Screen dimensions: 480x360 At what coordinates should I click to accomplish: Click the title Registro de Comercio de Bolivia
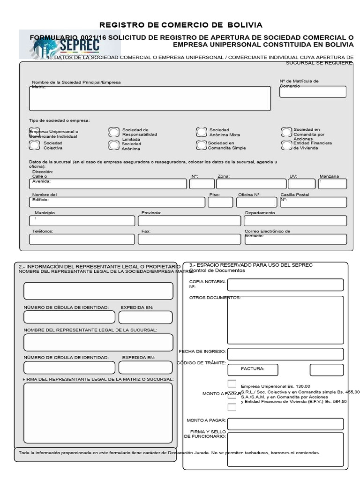point(181,25)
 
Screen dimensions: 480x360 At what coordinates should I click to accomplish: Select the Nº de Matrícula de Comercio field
point(313,92)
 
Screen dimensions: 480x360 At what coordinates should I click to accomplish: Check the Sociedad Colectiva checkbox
point(34,145)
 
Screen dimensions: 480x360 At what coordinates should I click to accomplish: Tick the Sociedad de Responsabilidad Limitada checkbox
point(114,132)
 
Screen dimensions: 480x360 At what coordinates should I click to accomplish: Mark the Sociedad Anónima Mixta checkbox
point(202,132)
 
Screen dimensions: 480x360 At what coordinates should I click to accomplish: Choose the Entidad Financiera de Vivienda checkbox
point(287,145)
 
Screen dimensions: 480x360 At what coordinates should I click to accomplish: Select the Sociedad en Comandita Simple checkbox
point(202,145)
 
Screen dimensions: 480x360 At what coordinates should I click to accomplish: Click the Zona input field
point(251,184)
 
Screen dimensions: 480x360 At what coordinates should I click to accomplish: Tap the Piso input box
point(220,202)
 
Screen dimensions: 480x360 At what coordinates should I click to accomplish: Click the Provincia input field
point(189,221)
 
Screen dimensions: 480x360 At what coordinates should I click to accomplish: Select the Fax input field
point(189,239)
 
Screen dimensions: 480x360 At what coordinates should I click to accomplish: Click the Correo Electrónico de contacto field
point(295,239)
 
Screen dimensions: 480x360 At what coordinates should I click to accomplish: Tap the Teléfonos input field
point(82,239)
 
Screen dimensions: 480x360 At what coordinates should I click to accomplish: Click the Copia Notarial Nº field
point(285,285)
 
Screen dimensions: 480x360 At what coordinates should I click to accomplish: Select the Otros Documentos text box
point(285,319)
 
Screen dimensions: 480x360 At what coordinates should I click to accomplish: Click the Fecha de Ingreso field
point(285,354)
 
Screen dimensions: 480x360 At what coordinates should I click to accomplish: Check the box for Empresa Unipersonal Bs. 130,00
point(232,383)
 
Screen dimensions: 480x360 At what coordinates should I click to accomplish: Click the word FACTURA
point(253,369)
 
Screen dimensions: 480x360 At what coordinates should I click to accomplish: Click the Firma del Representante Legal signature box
point(98,413)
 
